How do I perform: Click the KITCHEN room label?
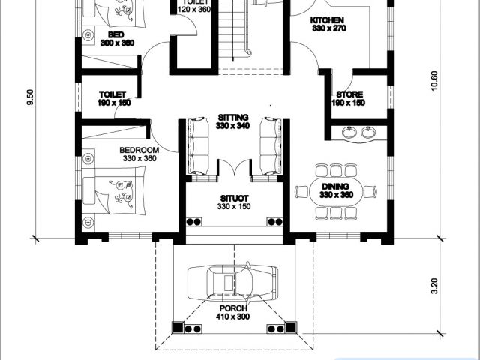click(327, 20)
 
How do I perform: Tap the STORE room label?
click(349, 94)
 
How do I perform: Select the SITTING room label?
click(233, 118)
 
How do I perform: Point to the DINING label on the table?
click(335, 187)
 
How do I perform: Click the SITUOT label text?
click(234, 198)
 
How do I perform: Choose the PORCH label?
click(233, 308)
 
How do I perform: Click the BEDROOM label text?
click(139, 150)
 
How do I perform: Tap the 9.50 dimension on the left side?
click(30, 97)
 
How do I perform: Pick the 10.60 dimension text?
click(434, 81)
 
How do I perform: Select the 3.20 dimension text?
click(434, 286)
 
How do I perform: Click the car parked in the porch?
click(232, 282)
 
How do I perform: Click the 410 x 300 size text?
click(233, 316)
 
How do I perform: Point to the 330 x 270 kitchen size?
click(329, 28)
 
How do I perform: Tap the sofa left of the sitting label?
click(198, 146)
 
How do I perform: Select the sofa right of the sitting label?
click(271, 146)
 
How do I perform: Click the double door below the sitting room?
click(235, 168)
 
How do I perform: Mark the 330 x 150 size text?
click(234, 207)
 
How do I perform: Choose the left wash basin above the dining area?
click(349, 133)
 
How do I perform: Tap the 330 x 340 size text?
click(232, 126)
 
